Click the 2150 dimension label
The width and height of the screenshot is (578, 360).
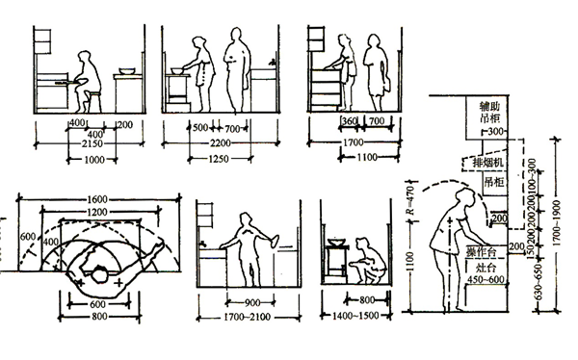click(x=84, y=142)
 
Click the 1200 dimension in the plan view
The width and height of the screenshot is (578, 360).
click(x=95, y=211)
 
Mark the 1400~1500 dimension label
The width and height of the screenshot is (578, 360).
click(x=351, y=316)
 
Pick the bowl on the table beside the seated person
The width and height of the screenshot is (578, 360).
click(x=126, y=70)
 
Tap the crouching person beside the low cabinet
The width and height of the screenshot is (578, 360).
click(x=363, y=263)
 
